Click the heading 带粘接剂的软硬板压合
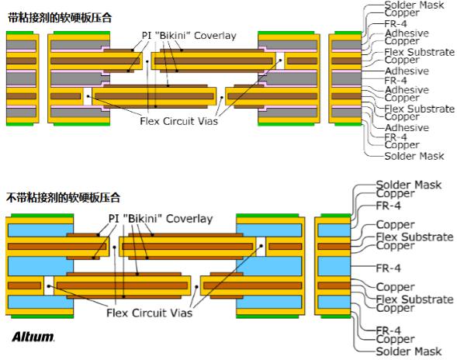tap(58, 16)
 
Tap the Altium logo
tap(33, 337)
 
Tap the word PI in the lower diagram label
tap(113, 219)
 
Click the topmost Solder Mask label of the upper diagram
tap(414, 5)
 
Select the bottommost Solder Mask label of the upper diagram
tap(414, 156)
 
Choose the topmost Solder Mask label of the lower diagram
tap(408, 185)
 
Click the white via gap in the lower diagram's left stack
tap(49, 285)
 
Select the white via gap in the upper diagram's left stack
tap(88, 97)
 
